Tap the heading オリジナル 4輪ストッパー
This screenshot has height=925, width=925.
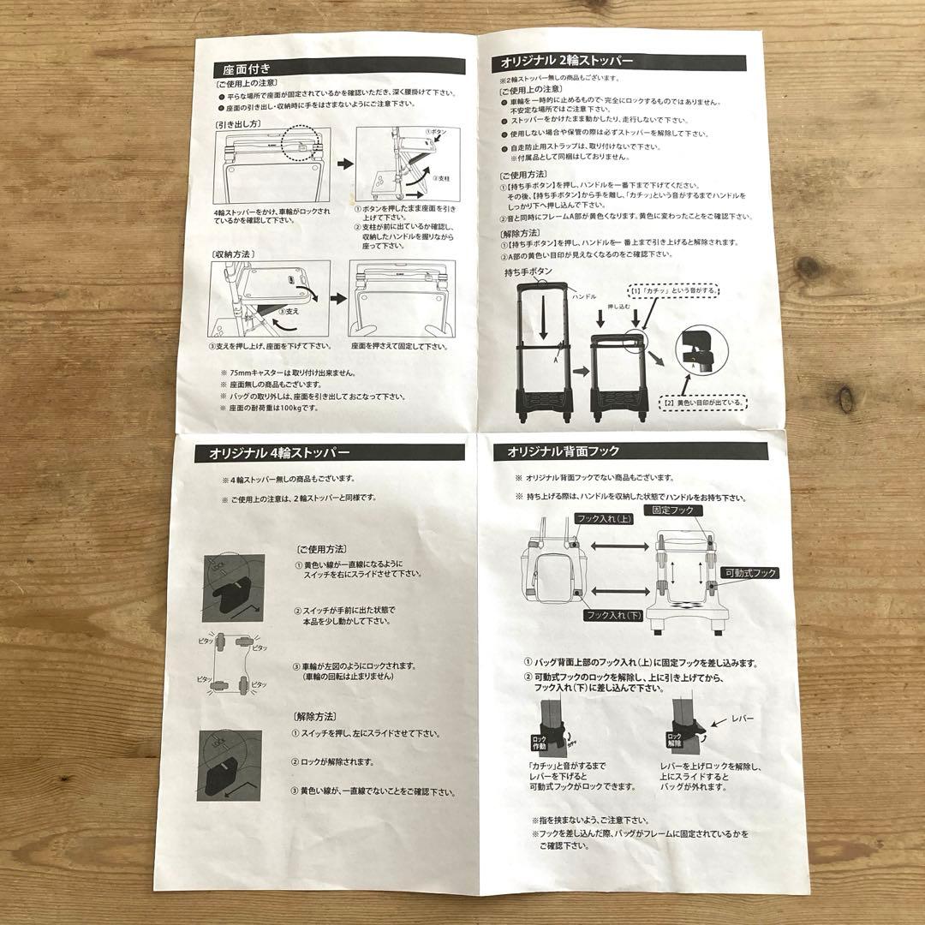click(272, 454)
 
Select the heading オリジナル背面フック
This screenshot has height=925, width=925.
click(563, 451)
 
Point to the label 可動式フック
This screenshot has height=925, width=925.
click(749, 573)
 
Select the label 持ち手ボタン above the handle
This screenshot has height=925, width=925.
click(528, 272)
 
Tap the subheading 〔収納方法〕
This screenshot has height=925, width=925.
click(233, 254)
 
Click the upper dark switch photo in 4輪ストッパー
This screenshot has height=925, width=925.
click(234, 587)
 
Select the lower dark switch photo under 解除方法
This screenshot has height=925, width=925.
click(230, 765)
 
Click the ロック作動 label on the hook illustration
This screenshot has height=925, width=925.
click(540, 741)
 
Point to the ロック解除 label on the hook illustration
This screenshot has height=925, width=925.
click(674, 740)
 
